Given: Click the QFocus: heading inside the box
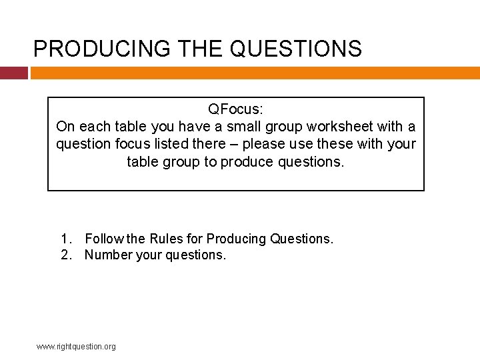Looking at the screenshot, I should (236, 109).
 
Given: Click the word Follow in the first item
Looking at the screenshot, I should (105, 239).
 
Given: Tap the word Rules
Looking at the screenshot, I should (166, 239).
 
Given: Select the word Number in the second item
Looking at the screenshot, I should (108, 255).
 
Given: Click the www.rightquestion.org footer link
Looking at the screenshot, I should (76, 347).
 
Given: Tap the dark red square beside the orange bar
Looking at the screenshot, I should (13, 73).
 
